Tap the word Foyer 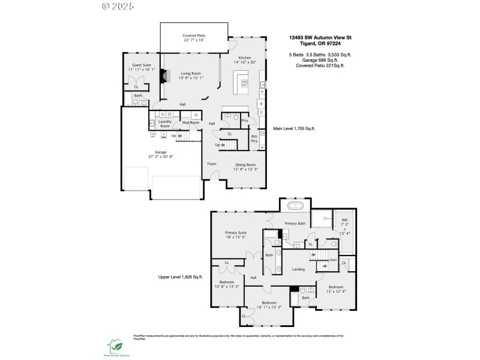click(x=212, y=163)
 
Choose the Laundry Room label click(x=164, y=124)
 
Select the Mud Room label click(x=191, y=122)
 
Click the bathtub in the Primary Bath click(x=296, y=206)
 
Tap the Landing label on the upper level click(x=299, y=269)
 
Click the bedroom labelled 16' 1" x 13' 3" click(x=268, y=305)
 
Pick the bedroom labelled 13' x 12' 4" click(x=335, y=289)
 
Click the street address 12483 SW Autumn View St click(x=320, y=37)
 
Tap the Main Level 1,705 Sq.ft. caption click(x=294, y=128)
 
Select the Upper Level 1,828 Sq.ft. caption click(x=181, y=277)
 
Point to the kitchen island click(x=244, y=80)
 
